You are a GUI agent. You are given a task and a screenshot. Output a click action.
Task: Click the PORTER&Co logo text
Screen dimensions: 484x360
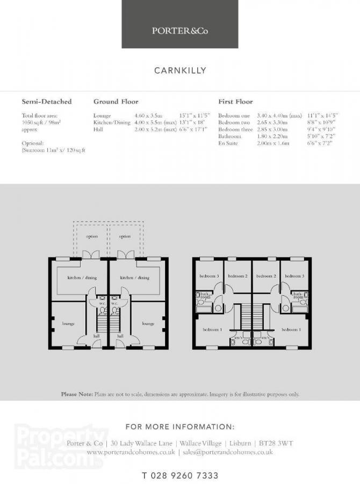click(179, 31)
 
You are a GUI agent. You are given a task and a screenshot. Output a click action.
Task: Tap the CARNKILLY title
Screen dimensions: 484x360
click(180, 70)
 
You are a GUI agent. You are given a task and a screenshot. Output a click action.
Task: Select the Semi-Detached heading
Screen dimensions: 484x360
click(46, 101)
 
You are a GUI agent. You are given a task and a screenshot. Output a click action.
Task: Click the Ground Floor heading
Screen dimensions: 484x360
click(116, 101)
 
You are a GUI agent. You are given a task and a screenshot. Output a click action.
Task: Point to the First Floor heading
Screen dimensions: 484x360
click(235, 101)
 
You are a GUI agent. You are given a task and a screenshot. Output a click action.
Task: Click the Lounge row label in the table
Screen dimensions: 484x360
click(102, 116)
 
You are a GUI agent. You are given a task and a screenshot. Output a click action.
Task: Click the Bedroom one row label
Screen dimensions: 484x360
click(234, 116)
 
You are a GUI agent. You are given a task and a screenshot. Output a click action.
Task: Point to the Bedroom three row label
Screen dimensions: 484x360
click(235, 130)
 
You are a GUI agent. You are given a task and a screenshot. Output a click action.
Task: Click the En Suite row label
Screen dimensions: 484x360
click(228, 144)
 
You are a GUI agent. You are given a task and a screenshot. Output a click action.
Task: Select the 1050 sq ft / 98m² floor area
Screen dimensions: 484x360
click(41, 123)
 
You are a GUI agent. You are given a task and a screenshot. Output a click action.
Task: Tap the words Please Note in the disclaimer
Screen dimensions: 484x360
click(77, 394)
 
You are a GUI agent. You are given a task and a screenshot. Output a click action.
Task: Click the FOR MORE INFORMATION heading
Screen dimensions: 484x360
click(180, 427)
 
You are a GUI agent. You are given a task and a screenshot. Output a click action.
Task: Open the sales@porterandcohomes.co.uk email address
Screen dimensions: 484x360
click(227, 452)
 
